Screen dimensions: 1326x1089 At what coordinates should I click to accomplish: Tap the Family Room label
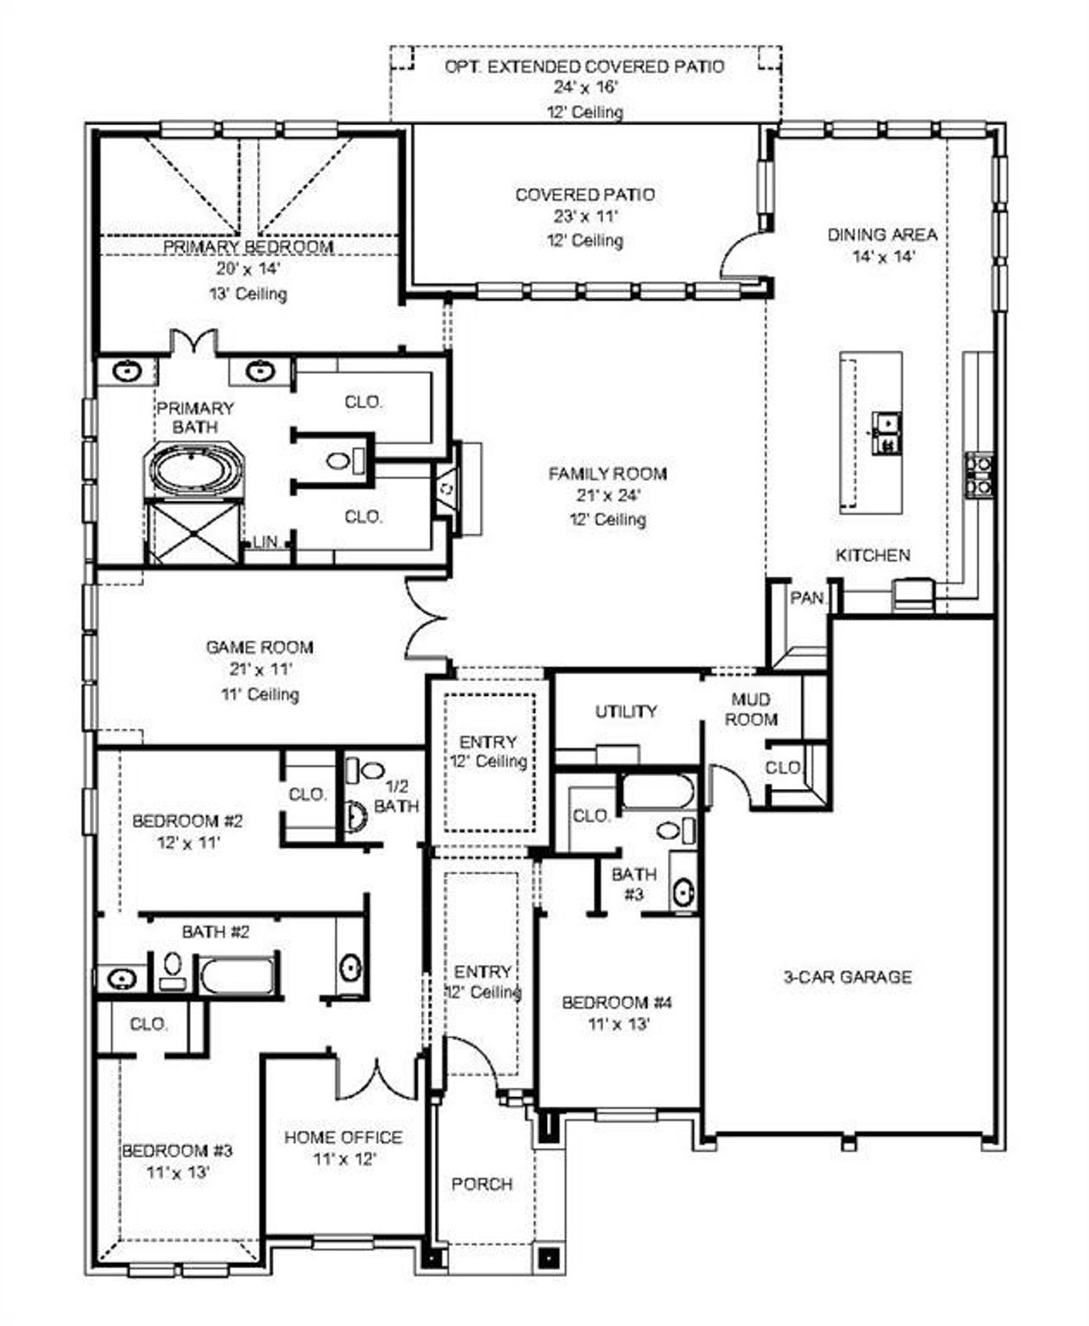[x=607, y=474]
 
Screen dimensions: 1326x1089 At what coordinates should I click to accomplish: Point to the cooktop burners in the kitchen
[x=978, y=475]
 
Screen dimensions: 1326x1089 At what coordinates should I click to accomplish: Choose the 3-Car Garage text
[x=847, y=977]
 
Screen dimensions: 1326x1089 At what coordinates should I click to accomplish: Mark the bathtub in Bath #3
[x=658, y=792]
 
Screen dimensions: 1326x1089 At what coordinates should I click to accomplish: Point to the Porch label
[x=482, y=1184]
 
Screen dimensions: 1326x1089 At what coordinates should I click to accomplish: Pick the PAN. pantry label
[x=807, y=598]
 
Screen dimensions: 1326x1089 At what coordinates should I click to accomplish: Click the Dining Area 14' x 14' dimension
[x=883, y=257]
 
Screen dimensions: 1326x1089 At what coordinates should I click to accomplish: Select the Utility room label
[x=625, y=711]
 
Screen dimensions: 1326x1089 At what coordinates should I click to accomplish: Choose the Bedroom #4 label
[x=617, y=1003]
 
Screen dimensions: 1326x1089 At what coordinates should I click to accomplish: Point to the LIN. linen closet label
[x=265, y=542]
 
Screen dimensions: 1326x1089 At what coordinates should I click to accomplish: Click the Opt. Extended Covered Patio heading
[x=584, y=66]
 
